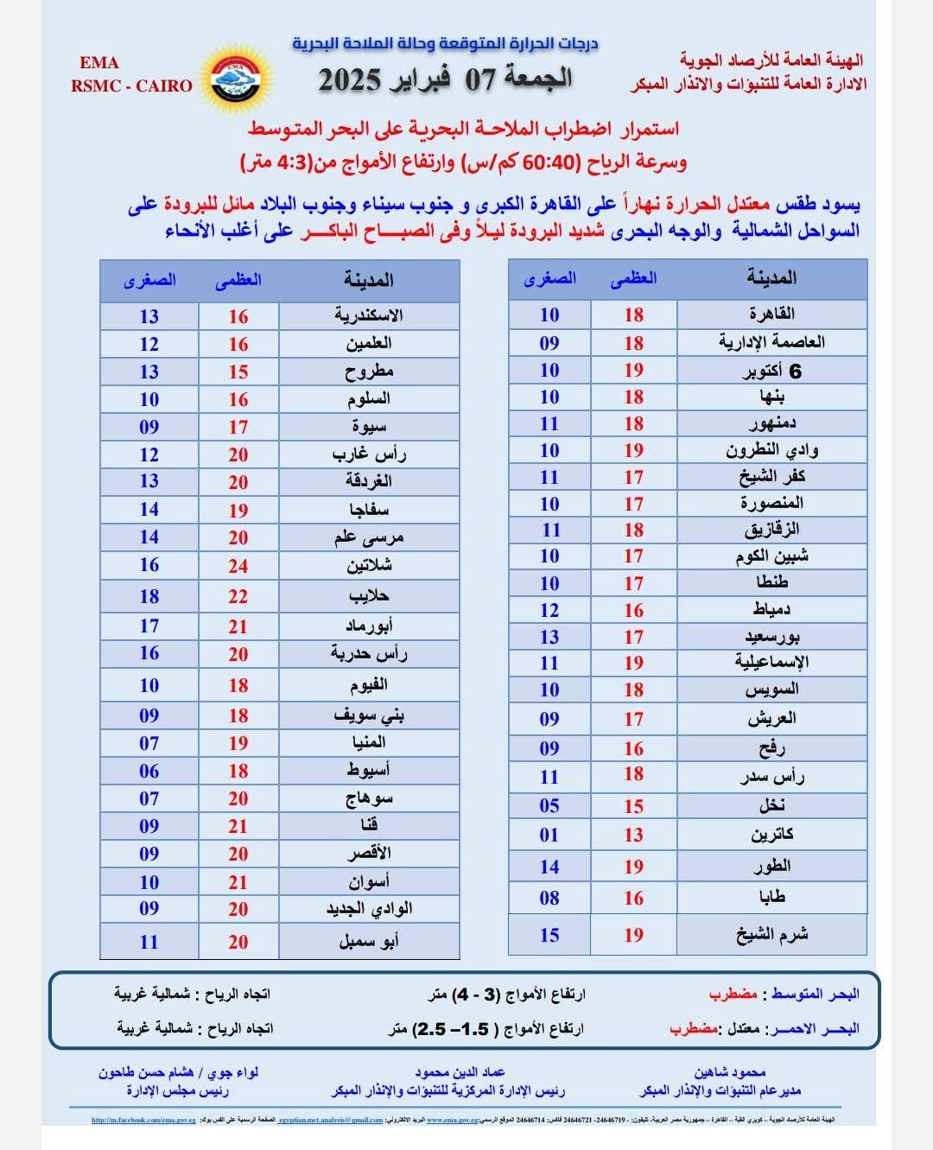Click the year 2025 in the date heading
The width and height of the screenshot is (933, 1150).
(x=350, y=79)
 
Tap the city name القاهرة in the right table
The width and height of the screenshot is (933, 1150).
(x=771, y=313)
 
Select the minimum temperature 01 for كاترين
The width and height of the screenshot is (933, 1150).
(x=549, y=835)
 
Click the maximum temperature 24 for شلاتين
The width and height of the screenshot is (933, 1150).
(x=238, y=566)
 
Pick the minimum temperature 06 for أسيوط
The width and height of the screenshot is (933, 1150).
(x=149, y=771)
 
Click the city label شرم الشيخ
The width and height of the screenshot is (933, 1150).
(x=771, y=935)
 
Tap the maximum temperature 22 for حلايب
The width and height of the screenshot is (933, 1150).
(x=238, y=596)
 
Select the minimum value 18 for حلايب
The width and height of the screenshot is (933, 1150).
(x=149, y=596)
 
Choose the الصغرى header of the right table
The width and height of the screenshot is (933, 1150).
(x=549, y=278)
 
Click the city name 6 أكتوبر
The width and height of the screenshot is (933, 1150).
(x=771, y=371)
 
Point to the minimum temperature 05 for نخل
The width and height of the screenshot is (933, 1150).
(x=549, y=805)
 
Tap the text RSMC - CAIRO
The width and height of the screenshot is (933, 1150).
(x=132, y=86)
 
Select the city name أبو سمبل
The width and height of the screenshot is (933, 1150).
(x=369, y=941)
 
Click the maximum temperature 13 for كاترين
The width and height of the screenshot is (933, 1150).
(x=634, y=835)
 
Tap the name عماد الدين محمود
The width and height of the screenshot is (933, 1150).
(x=459, y=1072)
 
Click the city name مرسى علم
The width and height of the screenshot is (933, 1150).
(x=369, y=537)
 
